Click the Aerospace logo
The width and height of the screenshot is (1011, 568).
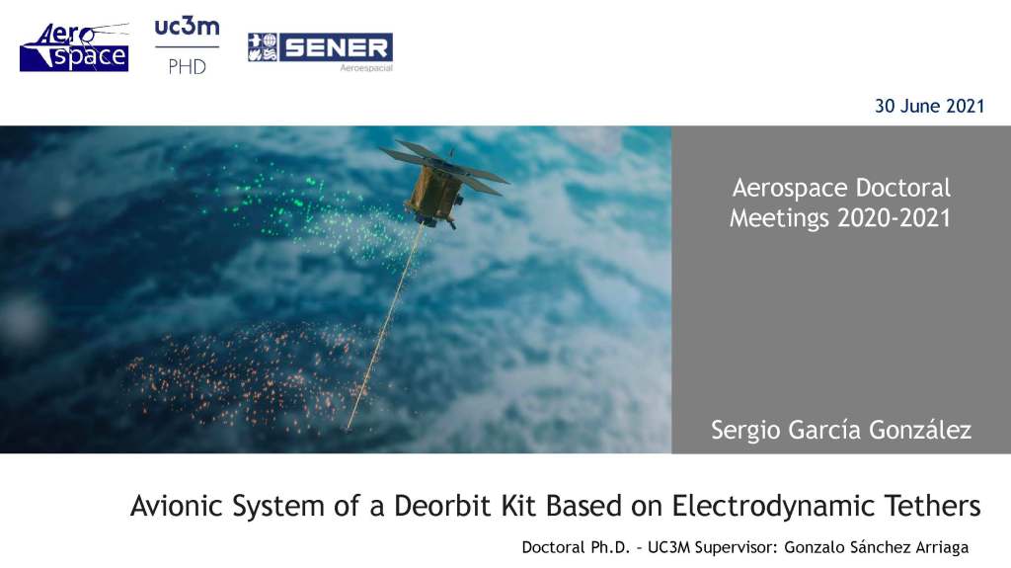pos(74,47)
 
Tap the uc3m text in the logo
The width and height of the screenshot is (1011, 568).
pos(187,28)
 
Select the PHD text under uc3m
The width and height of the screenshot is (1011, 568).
pos(187,67)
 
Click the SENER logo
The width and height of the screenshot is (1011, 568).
pos(320,47)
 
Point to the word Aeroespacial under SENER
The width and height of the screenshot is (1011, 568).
pos(366,68)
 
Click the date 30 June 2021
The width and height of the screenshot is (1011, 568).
pos(929,107)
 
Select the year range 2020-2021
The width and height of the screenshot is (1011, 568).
pos(894,218)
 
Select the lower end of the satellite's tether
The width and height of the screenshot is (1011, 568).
pos(349,428)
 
